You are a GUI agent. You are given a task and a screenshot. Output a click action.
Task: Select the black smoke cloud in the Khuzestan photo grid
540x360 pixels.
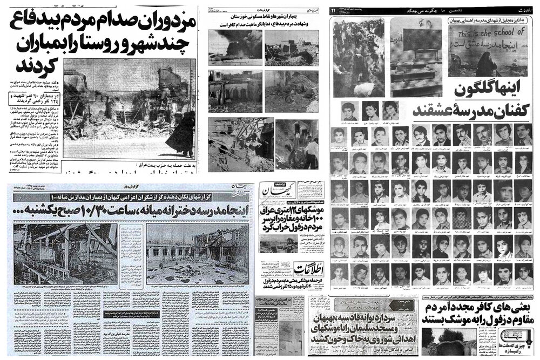[x=233, y=40]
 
